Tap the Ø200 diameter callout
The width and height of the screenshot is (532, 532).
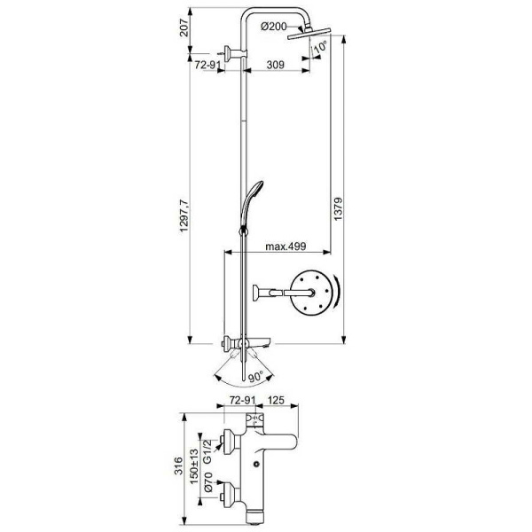(x=275, y=27)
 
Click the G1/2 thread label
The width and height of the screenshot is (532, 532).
(x=209, y=452)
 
